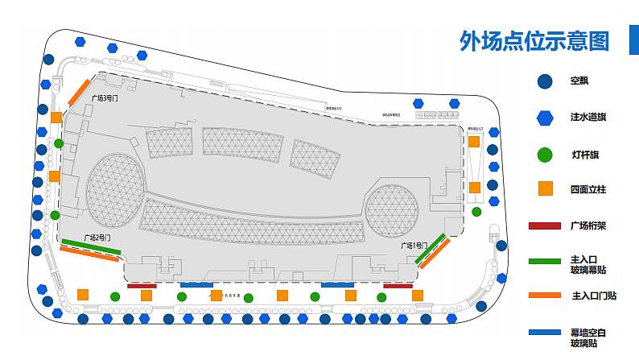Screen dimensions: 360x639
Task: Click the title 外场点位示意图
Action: tap(534, 40)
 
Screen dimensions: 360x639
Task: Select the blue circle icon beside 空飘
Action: tap(545, 81)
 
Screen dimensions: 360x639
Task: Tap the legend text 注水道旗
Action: tap(588, 118)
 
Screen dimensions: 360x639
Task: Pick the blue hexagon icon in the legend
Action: tap(545, 118)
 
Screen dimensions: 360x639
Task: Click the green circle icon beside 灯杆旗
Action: tap(545, 155)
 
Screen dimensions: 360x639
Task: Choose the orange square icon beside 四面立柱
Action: tap(545, 189)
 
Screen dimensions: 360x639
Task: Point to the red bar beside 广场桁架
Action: tap(545, 226)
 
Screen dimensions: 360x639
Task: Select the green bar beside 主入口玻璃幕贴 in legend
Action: tap(545, 261)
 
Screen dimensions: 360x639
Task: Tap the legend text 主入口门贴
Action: tap(594, 296)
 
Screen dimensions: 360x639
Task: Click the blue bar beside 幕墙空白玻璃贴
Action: tap(545, 332)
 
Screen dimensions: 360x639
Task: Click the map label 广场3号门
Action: tap(105, 97)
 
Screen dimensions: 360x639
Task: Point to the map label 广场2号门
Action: tap(95, 238)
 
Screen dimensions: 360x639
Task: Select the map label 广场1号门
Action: tap(414, 245)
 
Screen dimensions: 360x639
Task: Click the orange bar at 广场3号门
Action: tap(78, 93)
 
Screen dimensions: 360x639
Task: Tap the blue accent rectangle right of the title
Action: tap(633, 39)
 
